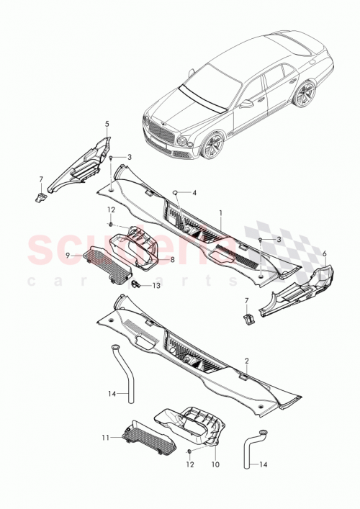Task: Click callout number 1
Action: point(220,214)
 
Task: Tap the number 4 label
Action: point(194,193)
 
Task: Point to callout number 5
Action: point(107,124)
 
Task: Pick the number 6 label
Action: point(324,253)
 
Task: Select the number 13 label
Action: point(156,285)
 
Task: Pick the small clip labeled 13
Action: point(135,284)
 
